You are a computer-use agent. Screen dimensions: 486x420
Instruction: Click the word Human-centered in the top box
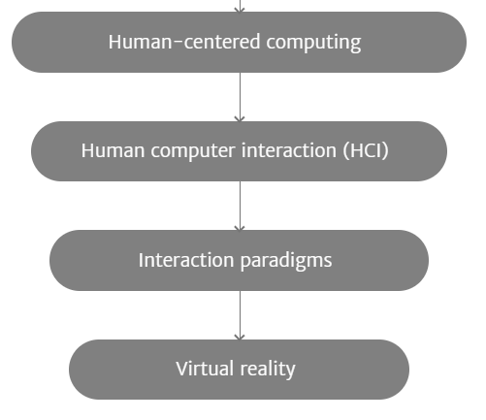[184, 42]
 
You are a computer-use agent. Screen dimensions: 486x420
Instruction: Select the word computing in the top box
[313, 44]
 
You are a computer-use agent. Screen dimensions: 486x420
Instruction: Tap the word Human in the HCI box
[113, 150]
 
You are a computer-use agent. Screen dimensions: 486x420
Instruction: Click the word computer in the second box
[193, 151]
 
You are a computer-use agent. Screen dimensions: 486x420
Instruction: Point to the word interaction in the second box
[289, 150]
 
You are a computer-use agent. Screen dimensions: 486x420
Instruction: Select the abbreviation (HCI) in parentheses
[366, 150]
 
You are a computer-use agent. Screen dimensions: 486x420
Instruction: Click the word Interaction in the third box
[186, 260]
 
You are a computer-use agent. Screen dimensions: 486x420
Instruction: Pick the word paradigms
[286, 261]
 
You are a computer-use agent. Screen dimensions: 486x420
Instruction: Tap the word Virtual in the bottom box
[205, 369]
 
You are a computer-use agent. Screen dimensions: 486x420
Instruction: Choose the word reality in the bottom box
[268, 370]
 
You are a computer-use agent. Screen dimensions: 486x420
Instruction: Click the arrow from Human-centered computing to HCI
[240, 97]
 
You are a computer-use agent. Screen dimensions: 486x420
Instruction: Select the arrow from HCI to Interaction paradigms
[240, 206]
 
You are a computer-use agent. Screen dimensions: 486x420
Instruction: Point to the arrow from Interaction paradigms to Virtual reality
[240, 315]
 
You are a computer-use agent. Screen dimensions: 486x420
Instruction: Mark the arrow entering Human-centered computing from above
[240, 6]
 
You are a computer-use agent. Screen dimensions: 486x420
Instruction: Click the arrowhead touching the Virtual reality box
[240, 338]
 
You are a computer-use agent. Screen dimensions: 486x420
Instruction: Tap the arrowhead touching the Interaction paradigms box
[240, 228]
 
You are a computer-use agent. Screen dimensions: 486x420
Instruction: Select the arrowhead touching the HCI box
[240, 119]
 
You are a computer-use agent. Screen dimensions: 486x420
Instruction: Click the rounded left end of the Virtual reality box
[81, 370]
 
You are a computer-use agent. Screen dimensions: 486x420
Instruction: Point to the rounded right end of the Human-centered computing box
[454, 42]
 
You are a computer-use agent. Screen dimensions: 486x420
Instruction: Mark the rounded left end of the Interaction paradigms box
[61, 260]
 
